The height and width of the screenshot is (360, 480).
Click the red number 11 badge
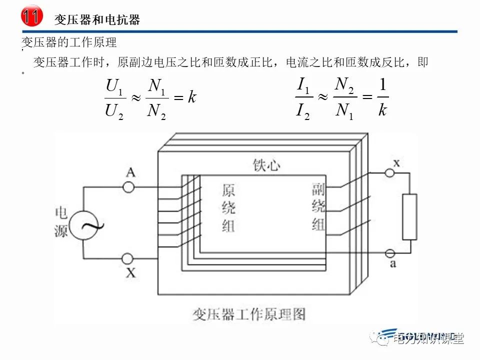click(x=30, y=16)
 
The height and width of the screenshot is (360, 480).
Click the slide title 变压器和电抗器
click(x=97, y=19)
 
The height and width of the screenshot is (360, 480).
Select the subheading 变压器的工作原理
click(x=69, y=42)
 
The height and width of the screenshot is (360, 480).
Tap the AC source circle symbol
click(x=82, y=224)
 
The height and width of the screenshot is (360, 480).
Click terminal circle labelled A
click(x=128, y=187)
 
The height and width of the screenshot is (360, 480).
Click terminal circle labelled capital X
click(x=128, y=258)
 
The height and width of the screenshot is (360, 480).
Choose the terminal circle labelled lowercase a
click(x=389, y=253)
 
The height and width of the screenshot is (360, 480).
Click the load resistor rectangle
click(x=409, y=216)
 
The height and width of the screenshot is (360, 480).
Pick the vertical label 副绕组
click(x=319, y=206)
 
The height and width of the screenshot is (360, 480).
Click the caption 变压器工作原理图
click(x=248, y=314)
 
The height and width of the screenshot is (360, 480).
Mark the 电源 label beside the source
click(x=61, y=222)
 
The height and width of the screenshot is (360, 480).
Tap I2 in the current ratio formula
click(x=303, y=110)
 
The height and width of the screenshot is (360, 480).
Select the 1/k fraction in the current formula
click(x=382, y=98)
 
